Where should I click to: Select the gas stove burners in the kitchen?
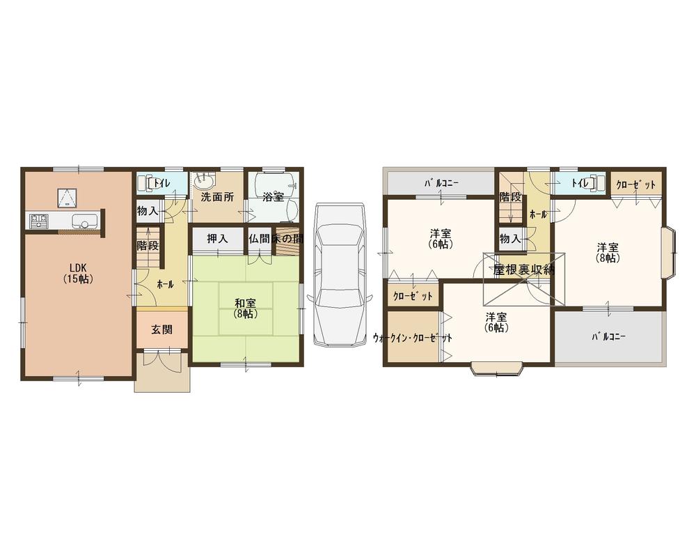tap(38, 222)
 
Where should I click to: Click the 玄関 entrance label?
tap(162, 330)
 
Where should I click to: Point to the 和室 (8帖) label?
tap(246, 308)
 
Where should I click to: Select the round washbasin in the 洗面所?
tap(203, 183)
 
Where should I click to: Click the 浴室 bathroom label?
tap(273, 197)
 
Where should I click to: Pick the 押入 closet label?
tap(217, 238)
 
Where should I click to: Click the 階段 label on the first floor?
tap(148, 245)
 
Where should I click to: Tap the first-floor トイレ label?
tap(161, 184)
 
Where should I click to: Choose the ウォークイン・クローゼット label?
tap(413, 338)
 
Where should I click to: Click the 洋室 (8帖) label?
tap(608, 252)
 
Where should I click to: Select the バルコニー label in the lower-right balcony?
tap(609, 336)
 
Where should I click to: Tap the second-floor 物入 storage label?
tap(510, 238)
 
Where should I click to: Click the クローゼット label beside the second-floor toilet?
tap(636, 184)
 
